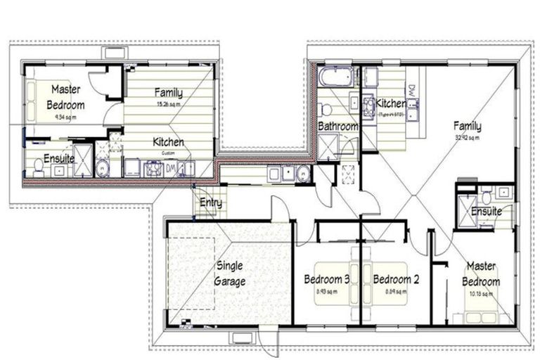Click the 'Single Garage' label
(x=229, y=274)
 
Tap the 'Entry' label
(x=210, y=203)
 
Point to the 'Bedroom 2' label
(x=396, y=279)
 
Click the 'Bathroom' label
(x=337, y=127)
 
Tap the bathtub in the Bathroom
(x=335, y=76)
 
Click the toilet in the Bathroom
(x=326, y=109)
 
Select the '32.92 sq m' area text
(x=467, y=137)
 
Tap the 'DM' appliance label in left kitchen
(x=170, y=167)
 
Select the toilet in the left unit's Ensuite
(x=38, y=167)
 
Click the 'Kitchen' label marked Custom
(x=168, y=142)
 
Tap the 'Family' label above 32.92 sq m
(x=467, y=127)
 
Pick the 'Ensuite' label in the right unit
(x=486, y=211)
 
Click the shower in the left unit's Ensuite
(x=83, y=161)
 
